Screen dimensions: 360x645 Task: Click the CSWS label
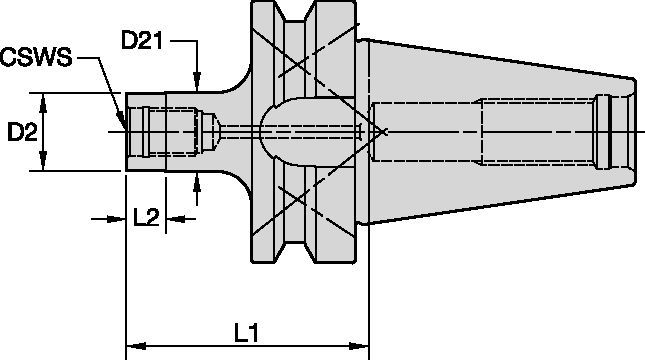36,59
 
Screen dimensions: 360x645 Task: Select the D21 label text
141,42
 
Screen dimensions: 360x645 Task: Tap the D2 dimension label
22,132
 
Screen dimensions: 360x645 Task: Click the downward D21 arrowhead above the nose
198,86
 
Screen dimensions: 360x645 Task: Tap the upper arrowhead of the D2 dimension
45,100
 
